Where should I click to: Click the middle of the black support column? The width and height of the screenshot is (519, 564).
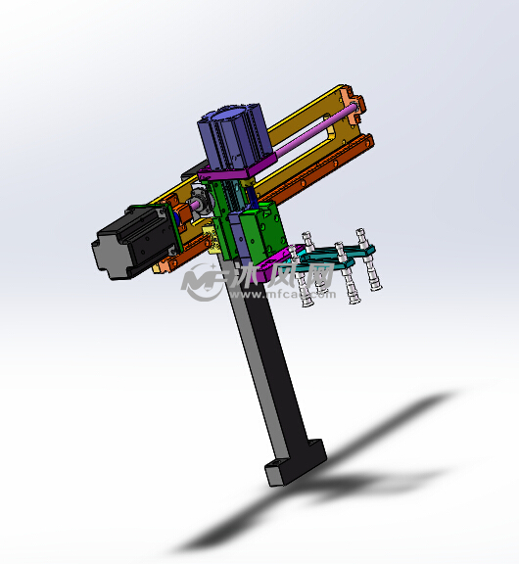tap(264, 372)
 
